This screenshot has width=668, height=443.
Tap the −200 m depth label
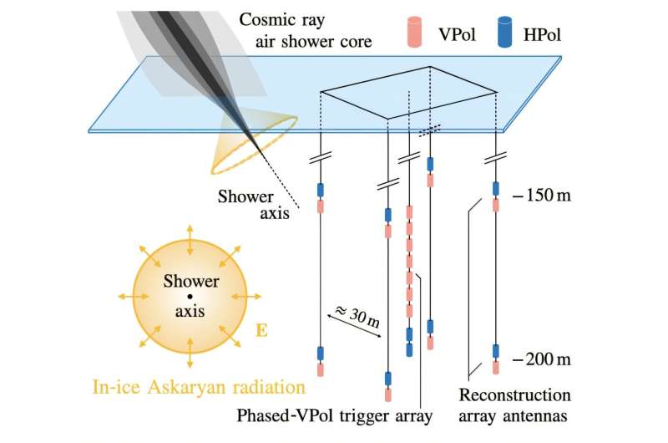(x=544, y=360)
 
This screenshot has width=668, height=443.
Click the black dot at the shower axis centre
(x=190, y=296)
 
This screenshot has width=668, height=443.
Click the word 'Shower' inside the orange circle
(x=190, y=282)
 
